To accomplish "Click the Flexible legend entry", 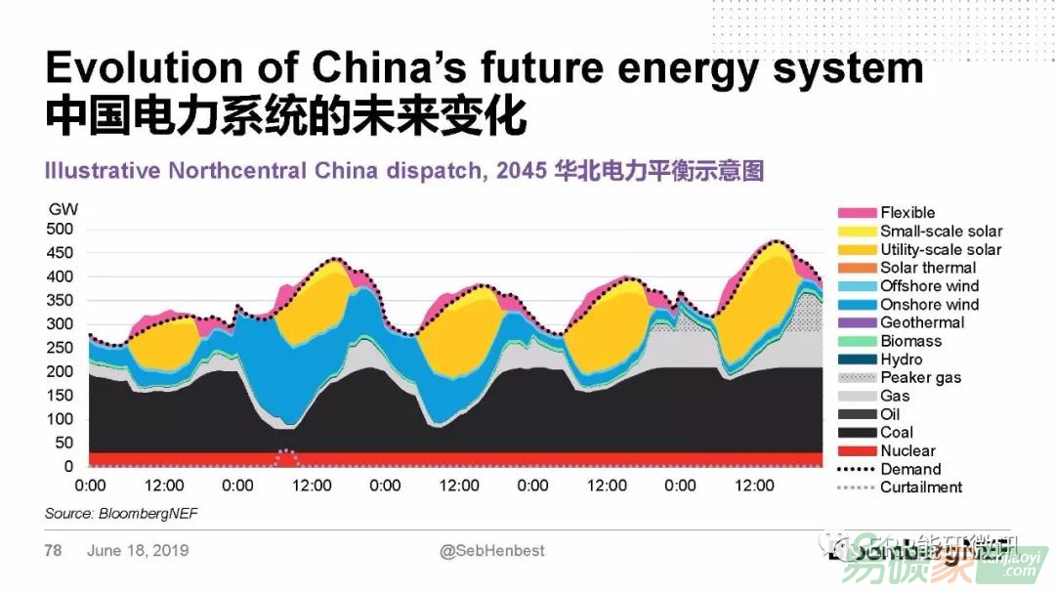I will pyautogui.click(x=907, y=212).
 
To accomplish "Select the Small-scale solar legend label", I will pyautogui.click(x=941, y=231).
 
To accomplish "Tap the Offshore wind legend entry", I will pyautogui.click(x=929, y=286).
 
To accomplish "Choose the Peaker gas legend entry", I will pyautogui.click(x=920, y=378).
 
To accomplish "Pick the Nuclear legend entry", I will pyautogui.click(x=907, y=451).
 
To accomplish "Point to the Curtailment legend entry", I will pyautogui.click(x=920, y=488).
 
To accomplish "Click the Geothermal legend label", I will pyautogui.click(x=921, y=322).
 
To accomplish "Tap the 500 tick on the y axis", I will pyautogui.click(x=61, y=230).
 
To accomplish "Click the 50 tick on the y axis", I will pyautogui.click(x=64, y=443).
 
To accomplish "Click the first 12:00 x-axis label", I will pyautogui.click(x=164, y=486).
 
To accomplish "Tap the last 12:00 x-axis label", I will pyautogui.click(x=754, y=486).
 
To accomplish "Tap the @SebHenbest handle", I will pyautogui.click(x=492, y=551).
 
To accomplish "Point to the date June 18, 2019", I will pyautogui.click(x=138, y=551).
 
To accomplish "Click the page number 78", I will pyautogui.click(x=53, y=551).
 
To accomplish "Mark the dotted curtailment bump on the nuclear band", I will pyautogui.click(x=285, y=454).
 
